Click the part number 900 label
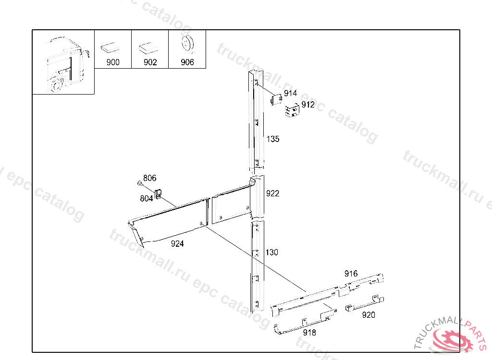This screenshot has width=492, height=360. [113, 62]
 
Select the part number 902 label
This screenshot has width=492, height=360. [150, 62]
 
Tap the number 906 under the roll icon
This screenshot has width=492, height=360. [187, 62]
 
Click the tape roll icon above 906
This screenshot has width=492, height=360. [187, 43]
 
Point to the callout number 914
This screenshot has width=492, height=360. [290, 93]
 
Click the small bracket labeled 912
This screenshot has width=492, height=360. [292, 110]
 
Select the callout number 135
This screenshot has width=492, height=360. [273, 139]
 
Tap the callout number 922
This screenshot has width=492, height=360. [272, 193]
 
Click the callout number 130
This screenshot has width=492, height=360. [272, 252]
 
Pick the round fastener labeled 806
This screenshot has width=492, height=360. [140, 183]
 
